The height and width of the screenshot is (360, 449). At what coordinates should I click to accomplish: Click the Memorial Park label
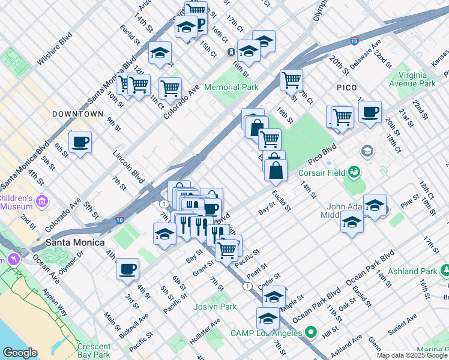click(231, 87)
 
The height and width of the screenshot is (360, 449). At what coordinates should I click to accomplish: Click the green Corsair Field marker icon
click(355, 174)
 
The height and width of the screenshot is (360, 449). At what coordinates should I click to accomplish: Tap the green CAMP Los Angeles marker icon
click(310, 332)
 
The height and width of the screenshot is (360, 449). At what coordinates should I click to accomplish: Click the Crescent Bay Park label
click(94, 350)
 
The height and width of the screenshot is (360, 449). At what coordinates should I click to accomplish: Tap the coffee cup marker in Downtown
click(80, 142)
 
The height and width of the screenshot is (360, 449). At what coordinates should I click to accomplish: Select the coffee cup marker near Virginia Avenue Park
click(370, 112)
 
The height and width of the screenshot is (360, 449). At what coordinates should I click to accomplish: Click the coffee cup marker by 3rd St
click(127, 269)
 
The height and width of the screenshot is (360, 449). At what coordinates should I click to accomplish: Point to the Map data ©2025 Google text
click(412, 355)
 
